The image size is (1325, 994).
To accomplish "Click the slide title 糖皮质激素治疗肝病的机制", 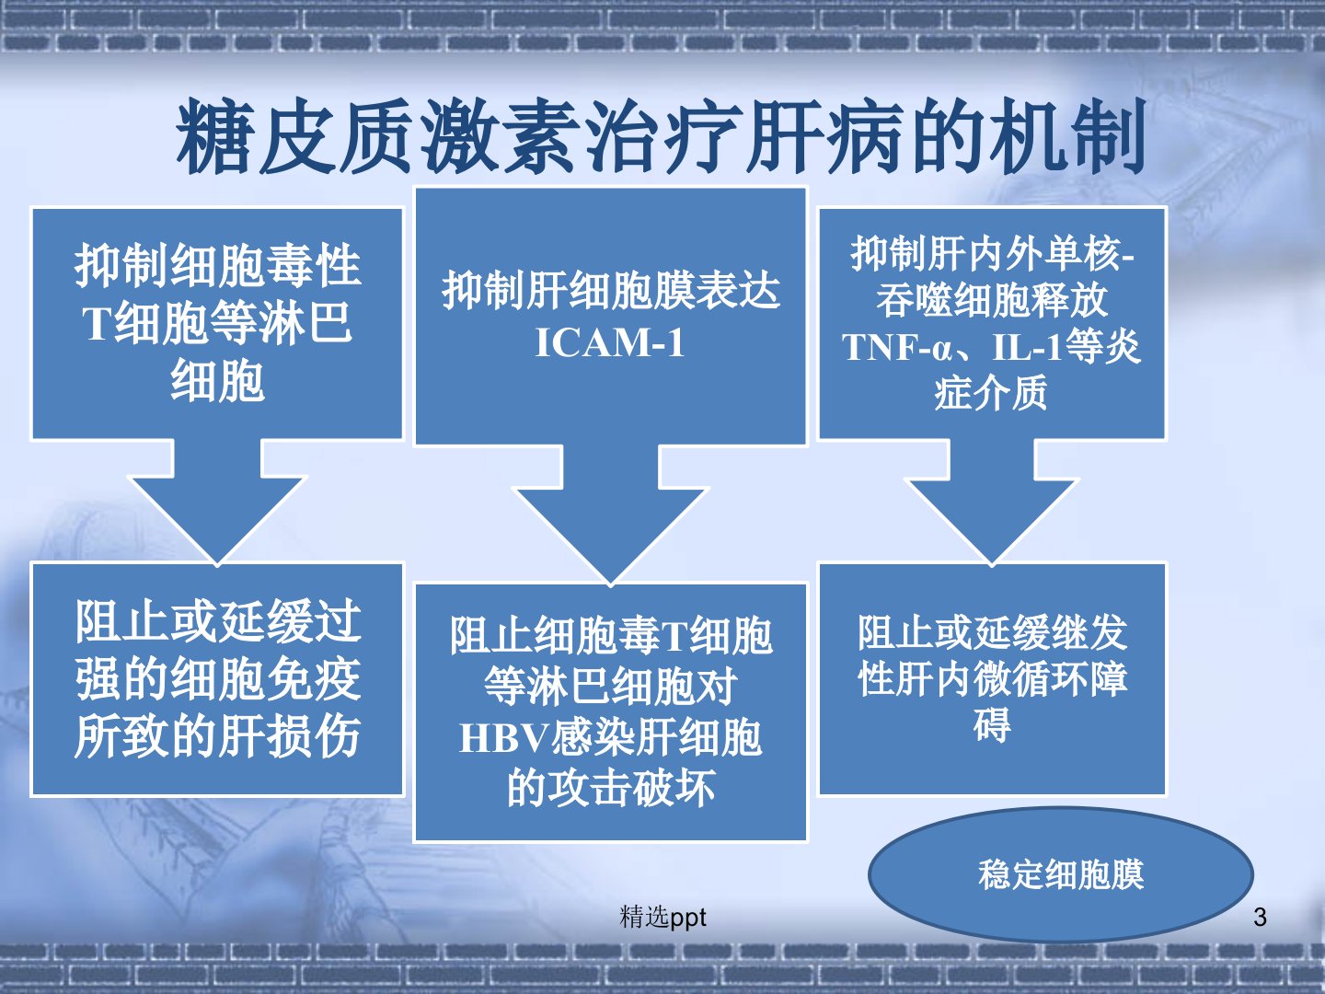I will coord(661,138).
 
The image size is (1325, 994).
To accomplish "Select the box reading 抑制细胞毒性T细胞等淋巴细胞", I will coord(217,323).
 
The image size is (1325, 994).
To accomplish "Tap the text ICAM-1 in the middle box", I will coord(610,343).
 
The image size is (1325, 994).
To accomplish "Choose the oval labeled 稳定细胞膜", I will coord(1060,874).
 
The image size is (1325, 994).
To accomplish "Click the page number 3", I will coord(1260,917).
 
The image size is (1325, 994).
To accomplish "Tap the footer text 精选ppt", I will coord(663,917).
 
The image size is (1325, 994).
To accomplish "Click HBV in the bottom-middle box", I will coord(502,738).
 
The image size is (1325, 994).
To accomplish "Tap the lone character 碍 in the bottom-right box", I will coord(991,725).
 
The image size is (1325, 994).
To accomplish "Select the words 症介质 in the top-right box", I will coord(991,393).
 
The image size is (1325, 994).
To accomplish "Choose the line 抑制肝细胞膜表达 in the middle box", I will coord(610,292).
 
